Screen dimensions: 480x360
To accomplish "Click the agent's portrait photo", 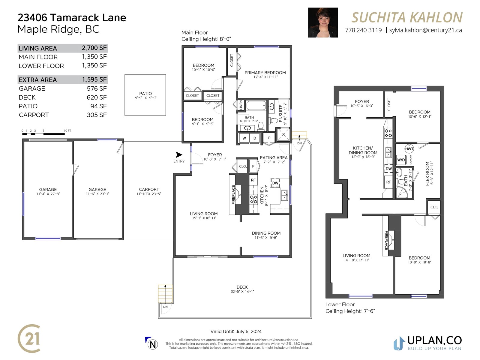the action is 323,22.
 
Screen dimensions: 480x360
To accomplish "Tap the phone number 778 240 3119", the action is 363,30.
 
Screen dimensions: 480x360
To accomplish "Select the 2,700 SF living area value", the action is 94,48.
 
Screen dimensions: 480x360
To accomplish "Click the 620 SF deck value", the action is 97,97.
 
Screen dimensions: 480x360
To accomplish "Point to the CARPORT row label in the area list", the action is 34,115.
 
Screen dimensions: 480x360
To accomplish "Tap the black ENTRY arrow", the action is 179,155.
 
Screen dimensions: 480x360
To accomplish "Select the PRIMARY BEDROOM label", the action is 265,73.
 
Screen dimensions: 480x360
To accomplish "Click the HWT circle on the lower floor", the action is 409,149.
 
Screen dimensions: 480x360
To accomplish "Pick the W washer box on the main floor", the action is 244,138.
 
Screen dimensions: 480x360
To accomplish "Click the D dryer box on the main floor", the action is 255,138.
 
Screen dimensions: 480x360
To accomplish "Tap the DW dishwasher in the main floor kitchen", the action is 275,183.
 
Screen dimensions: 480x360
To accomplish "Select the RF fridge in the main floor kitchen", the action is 253,180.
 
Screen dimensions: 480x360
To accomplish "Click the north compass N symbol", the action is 153,345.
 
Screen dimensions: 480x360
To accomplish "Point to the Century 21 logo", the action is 29,338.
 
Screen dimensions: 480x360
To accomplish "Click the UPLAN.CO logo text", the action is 434,340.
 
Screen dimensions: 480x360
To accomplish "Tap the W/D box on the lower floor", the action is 401,160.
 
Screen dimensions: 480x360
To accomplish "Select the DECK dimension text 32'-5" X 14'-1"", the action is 242,291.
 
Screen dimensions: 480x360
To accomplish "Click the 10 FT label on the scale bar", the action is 67,131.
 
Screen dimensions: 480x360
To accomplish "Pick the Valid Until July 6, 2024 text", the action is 236,331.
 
